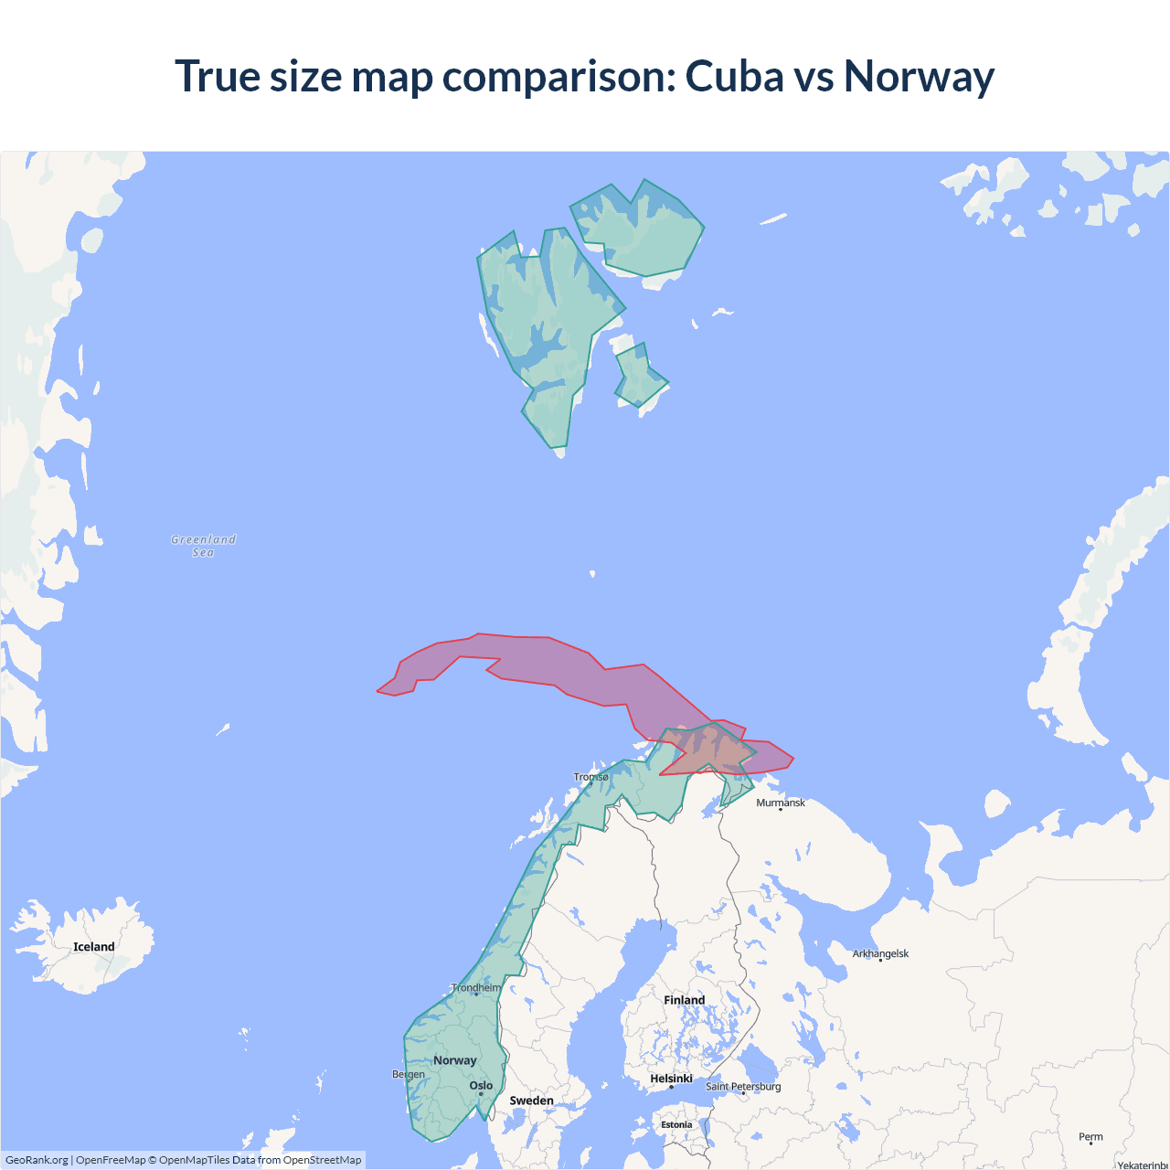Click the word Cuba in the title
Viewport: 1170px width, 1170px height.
[734, 76]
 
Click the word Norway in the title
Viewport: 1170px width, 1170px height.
[919, 76]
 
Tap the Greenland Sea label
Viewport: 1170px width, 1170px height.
[203, 546]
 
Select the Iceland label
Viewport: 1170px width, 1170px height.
[94, 947]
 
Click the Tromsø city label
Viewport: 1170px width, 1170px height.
[590, 778]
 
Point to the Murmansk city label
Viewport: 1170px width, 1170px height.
[781, 803]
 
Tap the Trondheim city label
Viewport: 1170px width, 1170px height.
[476, 988]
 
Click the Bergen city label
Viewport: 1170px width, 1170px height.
[409, 1074]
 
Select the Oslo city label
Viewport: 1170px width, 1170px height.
[481, 1086]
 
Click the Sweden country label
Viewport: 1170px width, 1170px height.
[531, 1101]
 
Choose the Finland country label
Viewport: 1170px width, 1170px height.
[684, 1000]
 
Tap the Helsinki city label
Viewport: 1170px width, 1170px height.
[671, 1079]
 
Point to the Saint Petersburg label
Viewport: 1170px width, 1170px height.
[743, 1087]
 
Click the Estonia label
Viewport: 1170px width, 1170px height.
[676, 1125]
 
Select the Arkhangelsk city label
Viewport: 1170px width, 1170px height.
[880, 954]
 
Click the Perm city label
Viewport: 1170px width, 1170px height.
[1090, 1137]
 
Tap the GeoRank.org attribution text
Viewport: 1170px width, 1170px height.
[37, 1160]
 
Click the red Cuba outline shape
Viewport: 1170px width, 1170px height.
[548, 667]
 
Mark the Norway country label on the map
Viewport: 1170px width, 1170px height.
[455, 1060]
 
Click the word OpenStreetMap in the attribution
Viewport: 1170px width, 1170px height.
[322, 1160]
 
